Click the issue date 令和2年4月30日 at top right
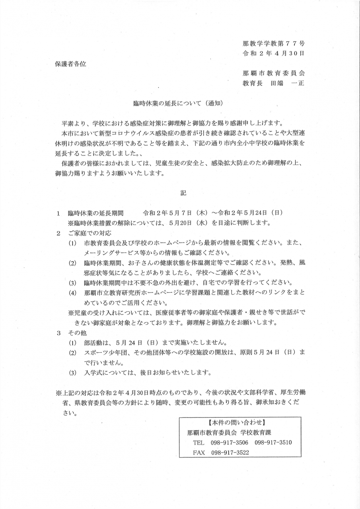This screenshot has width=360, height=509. [x=273, y=53]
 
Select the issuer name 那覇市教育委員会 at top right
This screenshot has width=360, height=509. [x=273, y=73]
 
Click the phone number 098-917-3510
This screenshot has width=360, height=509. [x=273, y=443]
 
